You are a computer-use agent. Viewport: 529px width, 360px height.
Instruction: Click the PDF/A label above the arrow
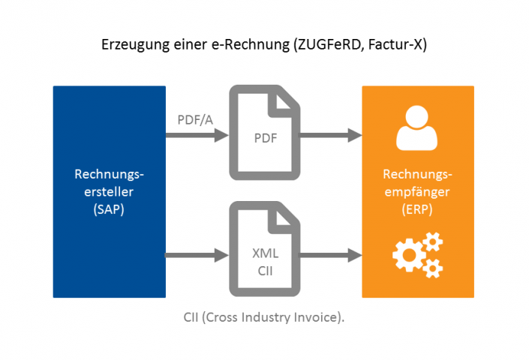194,119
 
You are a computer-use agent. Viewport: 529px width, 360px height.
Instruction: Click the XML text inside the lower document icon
264,253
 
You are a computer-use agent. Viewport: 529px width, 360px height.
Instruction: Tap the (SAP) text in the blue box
109,209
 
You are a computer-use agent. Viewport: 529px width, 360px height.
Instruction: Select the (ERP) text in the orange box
418,209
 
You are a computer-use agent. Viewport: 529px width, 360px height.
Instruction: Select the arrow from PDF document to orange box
331,136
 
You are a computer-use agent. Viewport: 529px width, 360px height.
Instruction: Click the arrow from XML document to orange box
331,256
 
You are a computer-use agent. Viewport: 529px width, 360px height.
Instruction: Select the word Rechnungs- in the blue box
109,175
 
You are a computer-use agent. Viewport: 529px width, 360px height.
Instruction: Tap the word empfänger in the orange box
418,192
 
